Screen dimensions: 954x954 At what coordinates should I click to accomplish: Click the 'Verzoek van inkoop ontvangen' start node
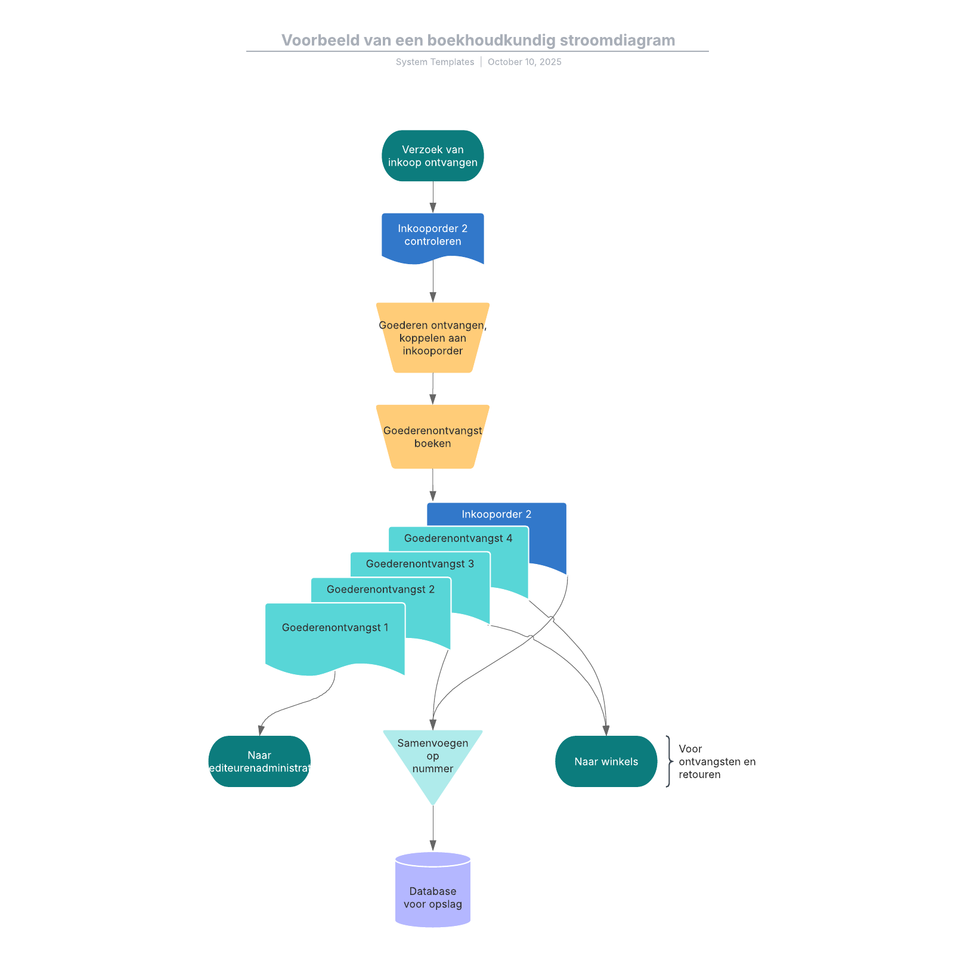click(x=432, y=156)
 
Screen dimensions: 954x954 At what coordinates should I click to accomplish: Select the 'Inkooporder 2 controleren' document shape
click(x=432, y=235)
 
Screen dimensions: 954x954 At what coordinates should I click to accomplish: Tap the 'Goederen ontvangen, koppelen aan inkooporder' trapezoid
click(x=432, y=338)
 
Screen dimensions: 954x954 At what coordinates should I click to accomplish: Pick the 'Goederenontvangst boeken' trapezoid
click(x=432, y=436)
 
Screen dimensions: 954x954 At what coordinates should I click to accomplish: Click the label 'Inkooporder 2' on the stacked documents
click(x=496, y=514)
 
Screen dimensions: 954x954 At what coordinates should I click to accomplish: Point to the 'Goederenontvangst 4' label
click(x=458, y=538)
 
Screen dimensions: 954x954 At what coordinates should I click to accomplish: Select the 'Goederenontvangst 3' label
click(x=420, y=564)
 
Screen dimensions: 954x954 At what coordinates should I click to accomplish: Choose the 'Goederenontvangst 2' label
click(x=380, y=590)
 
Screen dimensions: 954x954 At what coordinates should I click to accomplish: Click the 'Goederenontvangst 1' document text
click(x=335, y=628)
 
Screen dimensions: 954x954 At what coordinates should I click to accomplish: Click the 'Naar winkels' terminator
click(x=606, y=761)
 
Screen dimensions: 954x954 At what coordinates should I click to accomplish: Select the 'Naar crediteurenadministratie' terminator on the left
click(x=259, y=761)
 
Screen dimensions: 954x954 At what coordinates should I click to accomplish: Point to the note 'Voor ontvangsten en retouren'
click(x=716, y=761)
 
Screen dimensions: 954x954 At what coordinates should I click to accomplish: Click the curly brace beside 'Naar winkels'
click(x=669, y=761)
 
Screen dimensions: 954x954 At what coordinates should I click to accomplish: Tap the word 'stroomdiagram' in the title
click(x=617, y=41)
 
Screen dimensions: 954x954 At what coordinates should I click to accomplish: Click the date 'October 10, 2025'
click(x=524, y=62)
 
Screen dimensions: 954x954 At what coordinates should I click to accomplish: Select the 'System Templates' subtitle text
click(x=435, y=62)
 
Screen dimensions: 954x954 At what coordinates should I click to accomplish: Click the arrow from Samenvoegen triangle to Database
click(x=433, y=828)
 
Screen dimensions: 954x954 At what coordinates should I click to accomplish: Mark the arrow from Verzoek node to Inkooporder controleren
click(x=433, y=197)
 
